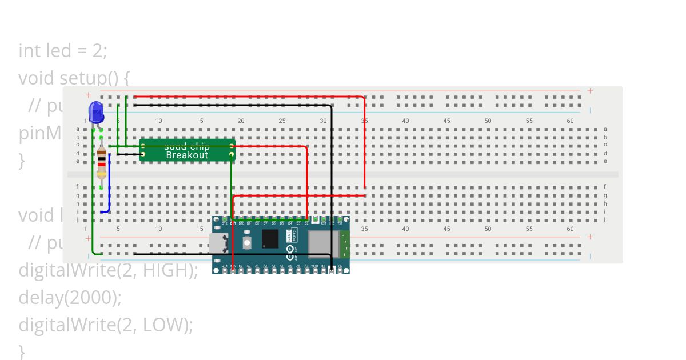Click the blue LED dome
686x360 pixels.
click(96, 111)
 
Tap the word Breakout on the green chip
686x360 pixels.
click(187, 155)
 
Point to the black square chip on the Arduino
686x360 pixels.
click(270, 238)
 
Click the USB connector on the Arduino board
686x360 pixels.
click(220, 244)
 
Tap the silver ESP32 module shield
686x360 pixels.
click(323, 242)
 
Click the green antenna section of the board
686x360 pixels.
click(345, 244)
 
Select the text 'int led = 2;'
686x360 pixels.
click(63, 51)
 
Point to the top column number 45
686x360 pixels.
click(446, 121)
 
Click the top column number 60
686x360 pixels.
click(570, 121)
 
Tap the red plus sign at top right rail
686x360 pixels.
click(590, 91)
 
